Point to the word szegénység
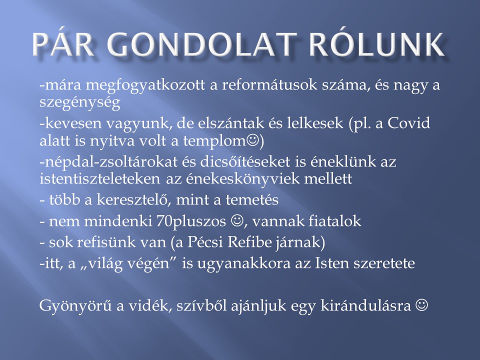[x=79, y=103]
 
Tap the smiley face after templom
[x=252, y=140]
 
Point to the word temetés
[x=252, y=200]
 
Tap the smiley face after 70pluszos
[x=237, y=220]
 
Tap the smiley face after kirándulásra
[x=421, y=304]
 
